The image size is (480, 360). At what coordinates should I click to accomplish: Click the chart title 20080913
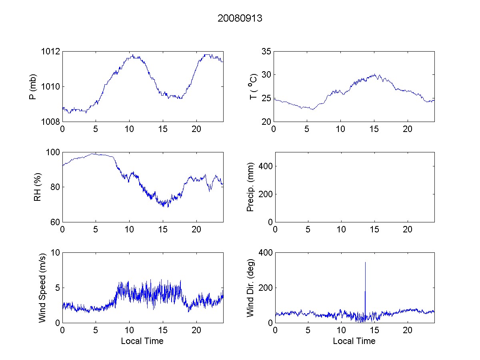[240, 18]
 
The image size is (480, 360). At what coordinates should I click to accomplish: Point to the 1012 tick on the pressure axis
[52, 51]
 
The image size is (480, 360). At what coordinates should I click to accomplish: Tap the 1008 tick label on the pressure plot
[52, 122]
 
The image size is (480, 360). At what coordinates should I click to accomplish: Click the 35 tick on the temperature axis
[266, 51]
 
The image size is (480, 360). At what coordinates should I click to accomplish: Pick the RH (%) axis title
[38, 187]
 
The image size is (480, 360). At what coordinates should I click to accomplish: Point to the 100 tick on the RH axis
[54, 152]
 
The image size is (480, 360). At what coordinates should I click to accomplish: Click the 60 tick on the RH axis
[56, 222]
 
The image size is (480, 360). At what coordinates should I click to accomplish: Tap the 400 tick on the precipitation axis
[266, 166]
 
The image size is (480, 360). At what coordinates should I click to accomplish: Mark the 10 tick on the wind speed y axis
[56, 253]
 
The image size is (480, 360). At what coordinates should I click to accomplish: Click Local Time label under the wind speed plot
[142, 341]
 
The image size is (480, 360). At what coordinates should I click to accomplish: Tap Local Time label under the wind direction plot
[354, 341]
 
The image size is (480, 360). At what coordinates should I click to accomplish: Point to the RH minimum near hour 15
[168, 207]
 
